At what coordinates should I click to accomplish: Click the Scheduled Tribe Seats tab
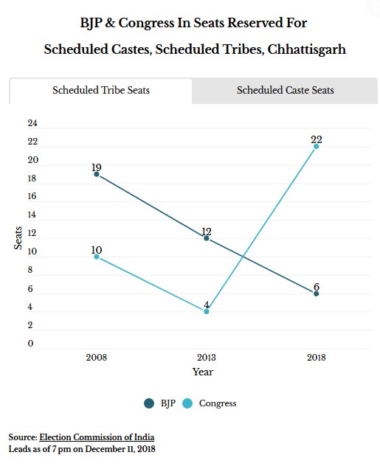[101, 90]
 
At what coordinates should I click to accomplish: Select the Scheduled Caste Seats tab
[285, 90]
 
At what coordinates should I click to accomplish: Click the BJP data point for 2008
[97, 174]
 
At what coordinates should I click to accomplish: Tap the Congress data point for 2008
[97, 257]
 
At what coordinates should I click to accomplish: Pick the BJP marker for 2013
[206, 238]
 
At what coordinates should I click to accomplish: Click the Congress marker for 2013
[206, 311]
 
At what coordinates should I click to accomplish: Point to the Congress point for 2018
[316, 147]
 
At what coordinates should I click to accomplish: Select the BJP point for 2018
[316, 293]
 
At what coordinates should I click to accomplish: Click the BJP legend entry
[160, 403]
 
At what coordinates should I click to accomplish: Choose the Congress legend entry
[210, 403]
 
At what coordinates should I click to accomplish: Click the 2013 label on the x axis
[206, 357]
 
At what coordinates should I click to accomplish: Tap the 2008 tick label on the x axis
[97, 357]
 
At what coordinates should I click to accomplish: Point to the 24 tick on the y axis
[32, 123]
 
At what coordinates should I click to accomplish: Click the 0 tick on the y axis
[30, 344]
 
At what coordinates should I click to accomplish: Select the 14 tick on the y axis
[32, 215]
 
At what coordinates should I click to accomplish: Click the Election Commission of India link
[97, 437]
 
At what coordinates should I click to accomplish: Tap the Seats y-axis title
[18, 238]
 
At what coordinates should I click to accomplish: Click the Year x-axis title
[203, 372]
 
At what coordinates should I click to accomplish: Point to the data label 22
[317, 139]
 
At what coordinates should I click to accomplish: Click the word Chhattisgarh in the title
[307, 49]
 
